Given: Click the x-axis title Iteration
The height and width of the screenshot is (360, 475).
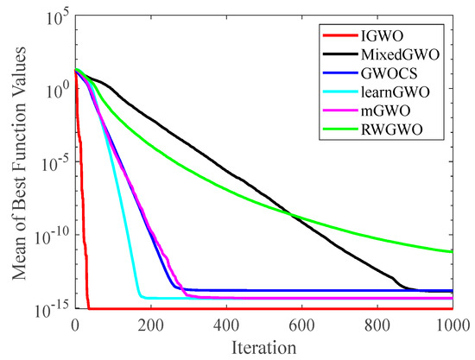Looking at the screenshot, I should [x=264, y=346].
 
